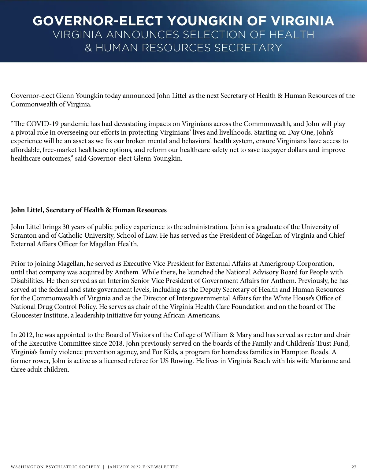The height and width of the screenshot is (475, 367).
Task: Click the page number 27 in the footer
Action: tap(354, 467)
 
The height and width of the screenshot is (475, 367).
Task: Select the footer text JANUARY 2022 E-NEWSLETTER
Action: tap(143, 467)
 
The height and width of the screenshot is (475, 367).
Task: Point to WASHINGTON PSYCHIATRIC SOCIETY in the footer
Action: tap(55, 467)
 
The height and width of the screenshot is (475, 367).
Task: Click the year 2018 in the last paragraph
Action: tap(116, 343)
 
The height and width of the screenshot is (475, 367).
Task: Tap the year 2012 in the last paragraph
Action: tap(26, 335)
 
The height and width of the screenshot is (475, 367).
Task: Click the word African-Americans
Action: tap(192, 315)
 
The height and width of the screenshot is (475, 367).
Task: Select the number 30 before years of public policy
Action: tap(66, 227)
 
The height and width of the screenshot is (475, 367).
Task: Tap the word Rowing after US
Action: tap(182, 361)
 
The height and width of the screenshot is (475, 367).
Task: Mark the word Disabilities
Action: tap(27, 281)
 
